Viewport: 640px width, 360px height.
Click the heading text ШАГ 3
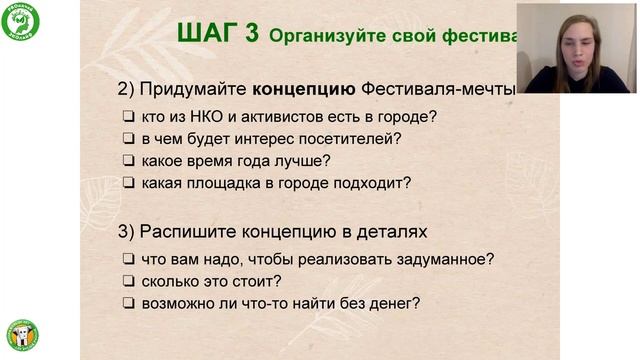coord(217,33)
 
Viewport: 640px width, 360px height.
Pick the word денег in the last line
coord(393,303)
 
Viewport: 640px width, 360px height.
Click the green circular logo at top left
coord(22,22)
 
